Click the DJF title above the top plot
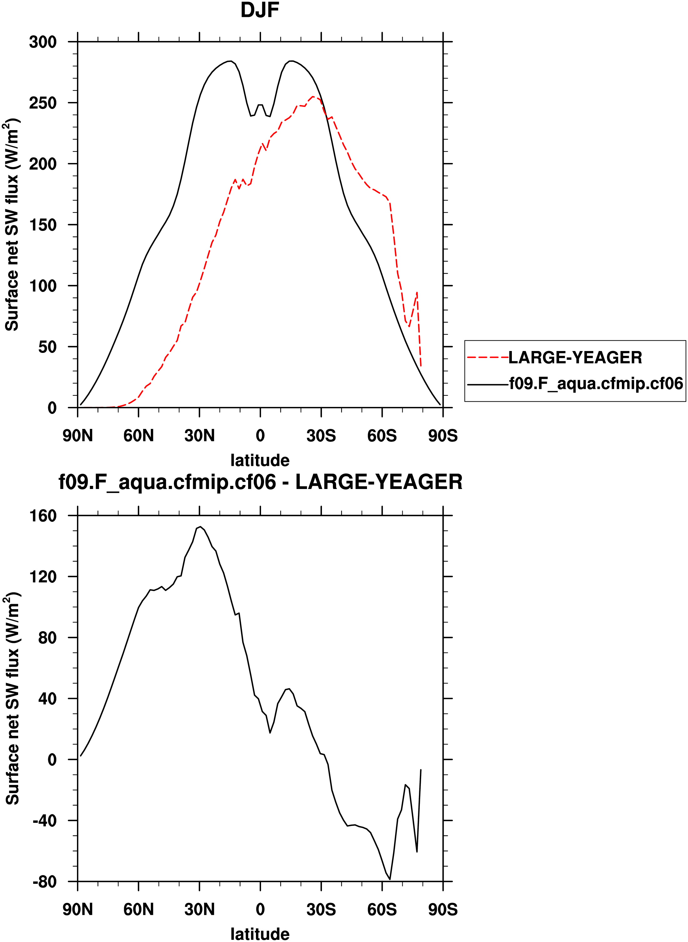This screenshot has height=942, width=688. click(x=260, y=10)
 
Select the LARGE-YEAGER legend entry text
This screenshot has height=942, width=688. click(x=575, y=358)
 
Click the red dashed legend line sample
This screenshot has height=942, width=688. click(x=487, y=357)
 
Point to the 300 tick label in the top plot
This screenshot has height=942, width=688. click(x=43, y=42)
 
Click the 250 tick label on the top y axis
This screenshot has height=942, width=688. click(x=43, y=103)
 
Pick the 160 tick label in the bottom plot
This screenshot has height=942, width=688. click(x=43, y=516)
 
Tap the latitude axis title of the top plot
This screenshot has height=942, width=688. click(x=260, y=461)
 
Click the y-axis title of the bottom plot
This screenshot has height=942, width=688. click(x=13, y=700)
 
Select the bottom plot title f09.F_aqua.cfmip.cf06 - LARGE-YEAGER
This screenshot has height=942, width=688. click(x=260, y=482)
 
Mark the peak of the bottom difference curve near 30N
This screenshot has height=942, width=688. click(x=200, y=527)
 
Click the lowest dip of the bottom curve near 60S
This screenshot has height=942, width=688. click(x=390, y=879)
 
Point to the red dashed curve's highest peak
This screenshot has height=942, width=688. click(x=313, y=97)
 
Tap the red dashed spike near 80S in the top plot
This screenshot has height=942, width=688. click(x=417, y=292)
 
